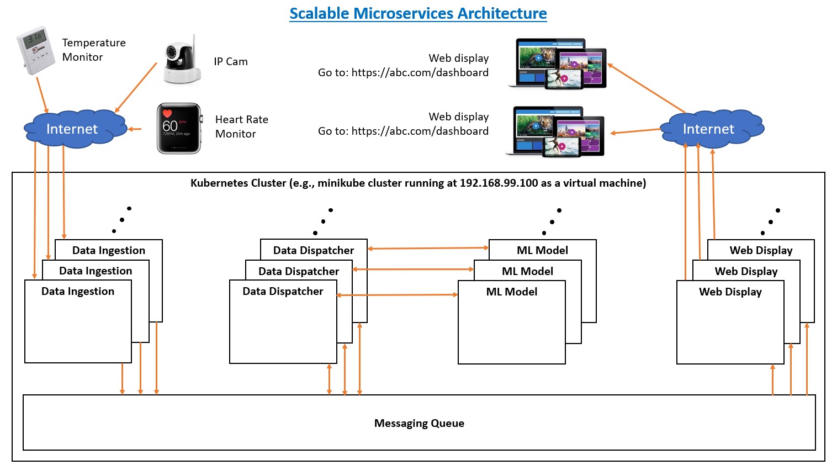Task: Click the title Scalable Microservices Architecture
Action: [x=418, y=13]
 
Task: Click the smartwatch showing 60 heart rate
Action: [x=179, y=128]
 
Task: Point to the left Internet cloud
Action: [x=72, y=129]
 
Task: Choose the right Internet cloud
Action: [x=709, y=129]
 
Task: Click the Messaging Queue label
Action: [x=419, y=423]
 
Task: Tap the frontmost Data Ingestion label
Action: [x=78, y=291]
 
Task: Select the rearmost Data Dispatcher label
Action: [x=314, y=250]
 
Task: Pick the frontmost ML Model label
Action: [x=512, y=292]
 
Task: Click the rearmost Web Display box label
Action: [x=761, y=250]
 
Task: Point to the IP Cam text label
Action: [x=231, y=61]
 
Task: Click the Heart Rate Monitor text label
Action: [x=241, y=126]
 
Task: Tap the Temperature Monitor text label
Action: [x=94, y=50]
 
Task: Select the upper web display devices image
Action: [x=558, y=64]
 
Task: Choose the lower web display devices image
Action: [x=555, y=131]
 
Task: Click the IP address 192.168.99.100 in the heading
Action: [x=499, y=183]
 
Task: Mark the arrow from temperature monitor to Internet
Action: [x=42, y=95]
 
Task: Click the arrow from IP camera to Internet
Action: [x=136, y=87]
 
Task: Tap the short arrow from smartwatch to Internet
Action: [x=135, y=129]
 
